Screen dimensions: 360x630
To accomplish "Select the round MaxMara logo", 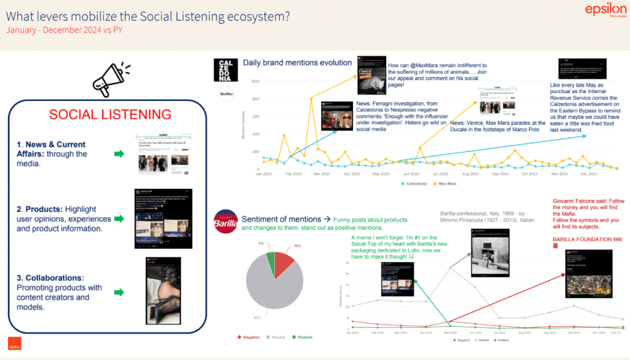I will [226, 94].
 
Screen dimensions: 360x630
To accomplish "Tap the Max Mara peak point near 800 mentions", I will [311, 99].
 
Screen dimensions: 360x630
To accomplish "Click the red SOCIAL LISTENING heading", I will [110, 114].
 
